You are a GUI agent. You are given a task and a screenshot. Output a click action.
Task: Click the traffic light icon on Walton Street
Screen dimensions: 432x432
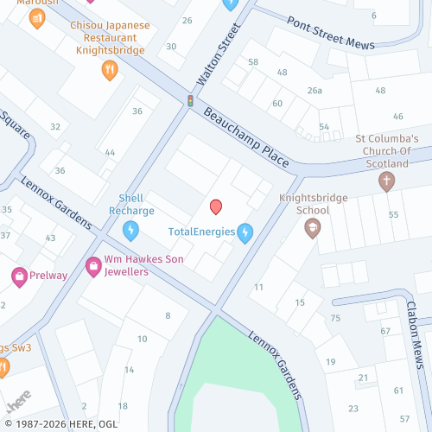click(190, 101)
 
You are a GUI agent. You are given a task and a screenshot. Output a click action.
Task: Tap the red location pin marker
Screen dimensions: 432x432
click(216, 206)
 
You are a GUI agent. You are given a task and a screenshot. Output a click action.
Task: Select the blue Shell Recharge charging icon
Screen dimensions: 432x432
click(130, 230)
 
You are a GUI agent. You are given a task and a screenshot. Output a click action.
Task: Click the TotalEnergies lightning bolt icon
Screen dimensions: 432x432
click(245, 232)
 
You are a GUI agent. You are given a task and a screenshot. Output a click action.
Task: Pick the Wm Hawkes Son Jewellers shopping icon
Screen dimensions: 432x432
click(92, 266)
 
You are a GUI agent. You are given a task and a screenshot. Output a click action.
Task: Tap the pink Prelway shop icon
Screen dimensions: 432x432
click(19, 276)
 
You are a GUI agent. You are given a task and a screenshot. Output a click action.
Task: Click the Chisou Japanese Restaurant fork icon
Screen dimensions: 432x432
click(109, 71)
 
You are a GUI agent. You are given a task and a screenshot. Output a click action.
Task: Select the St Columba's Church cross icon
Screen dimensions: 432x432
click(386, 181)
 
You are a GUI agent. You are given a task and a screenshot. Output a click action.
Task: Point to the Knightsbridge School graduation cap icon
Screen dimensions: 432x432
click(312, 228)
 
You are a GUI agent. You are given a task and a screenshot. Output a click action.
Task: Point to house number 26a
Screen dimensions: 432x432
click(314, 91)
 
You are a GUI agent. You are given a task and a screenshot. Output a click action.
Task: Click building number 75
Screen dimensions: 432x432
click(335, 319)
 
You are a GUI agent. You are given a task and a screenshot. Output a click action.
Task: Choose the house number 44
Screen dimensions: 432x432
click(110, 152)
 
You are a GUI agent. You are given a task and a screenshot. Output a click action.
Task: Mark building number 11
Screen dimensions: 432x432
click(258, 286)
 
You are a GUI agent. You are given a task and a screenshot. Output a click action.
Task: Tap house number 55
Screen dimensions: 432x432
click(393, 214)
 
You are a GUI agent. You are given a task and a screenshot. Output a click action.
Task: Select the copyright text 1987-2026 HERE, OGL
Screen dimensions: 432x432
click(59, 424)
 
